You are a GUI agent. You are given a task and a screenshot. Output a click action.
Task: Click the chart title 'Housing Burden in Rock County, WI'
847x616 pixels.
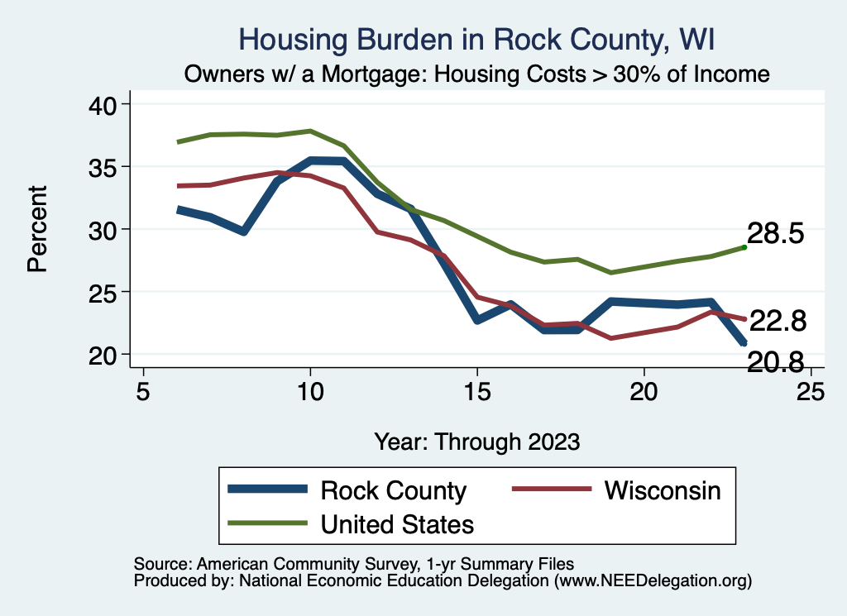(x=476, y=39)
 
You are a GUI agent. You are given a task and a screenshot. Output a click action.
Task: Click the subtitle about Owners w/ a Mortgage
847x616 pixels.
(x=476, y=74)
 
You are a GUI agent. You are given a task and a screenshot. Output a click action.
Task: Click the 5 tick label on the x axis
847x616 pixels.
(x=144, y=391)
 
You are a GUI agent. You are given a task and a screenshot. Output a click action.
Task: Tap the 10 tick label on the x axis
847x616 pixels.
(x=310, y=391)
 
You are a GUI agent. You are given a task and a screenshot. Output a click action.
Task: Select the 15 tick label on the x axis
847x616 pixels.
(x=477, y=391)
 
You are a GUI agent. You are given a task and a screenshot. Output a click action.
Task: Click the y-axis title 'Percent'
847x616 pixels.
(x=36, y=229)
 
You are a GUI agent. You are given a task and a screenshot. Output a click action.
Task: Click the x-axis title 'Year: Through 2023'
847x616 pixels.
(x=476, y=441)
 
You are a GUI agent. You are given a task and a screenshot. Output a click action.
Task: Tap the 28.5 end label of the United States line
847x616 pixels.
(x=776, y=234)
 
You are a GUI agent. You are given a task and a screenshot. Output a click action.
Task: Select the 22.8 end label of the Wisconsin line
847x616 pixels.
(x=776, y=320)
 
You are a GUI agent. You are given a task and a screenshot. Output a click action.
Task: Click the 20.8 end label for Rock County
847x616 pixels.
(x=776, y=361)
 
